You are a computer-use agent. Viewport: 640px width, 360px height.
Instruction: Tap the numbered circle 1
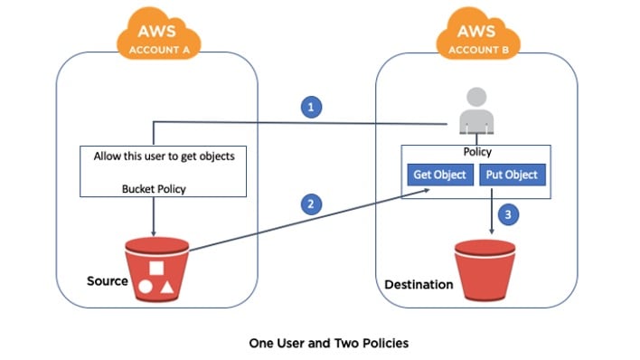tap(312, 108)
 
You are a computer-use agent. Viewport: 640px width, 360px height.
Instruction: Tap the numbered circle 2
tap(312, 204)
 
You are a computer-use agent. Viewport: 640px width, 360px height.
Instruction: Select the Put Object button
tap(512, 175)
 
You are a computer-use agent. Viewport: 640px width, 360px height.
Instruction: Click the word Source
tap(107, 280)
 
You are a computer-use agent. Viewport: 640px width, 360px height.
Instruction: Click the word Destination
tap(419, 284)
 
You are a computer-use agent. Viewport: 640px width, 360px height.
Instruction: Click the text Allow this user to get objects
tap(164, 156)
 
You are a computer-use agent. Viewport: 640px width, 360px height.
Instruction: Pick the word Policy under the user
tap(476, 152)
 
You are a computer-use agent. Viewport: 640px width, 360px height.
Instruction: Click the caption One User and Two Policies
tap(319, 344)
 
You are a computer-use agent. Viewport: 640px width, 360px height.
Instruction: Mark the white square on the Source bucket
tap(157, 268)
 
